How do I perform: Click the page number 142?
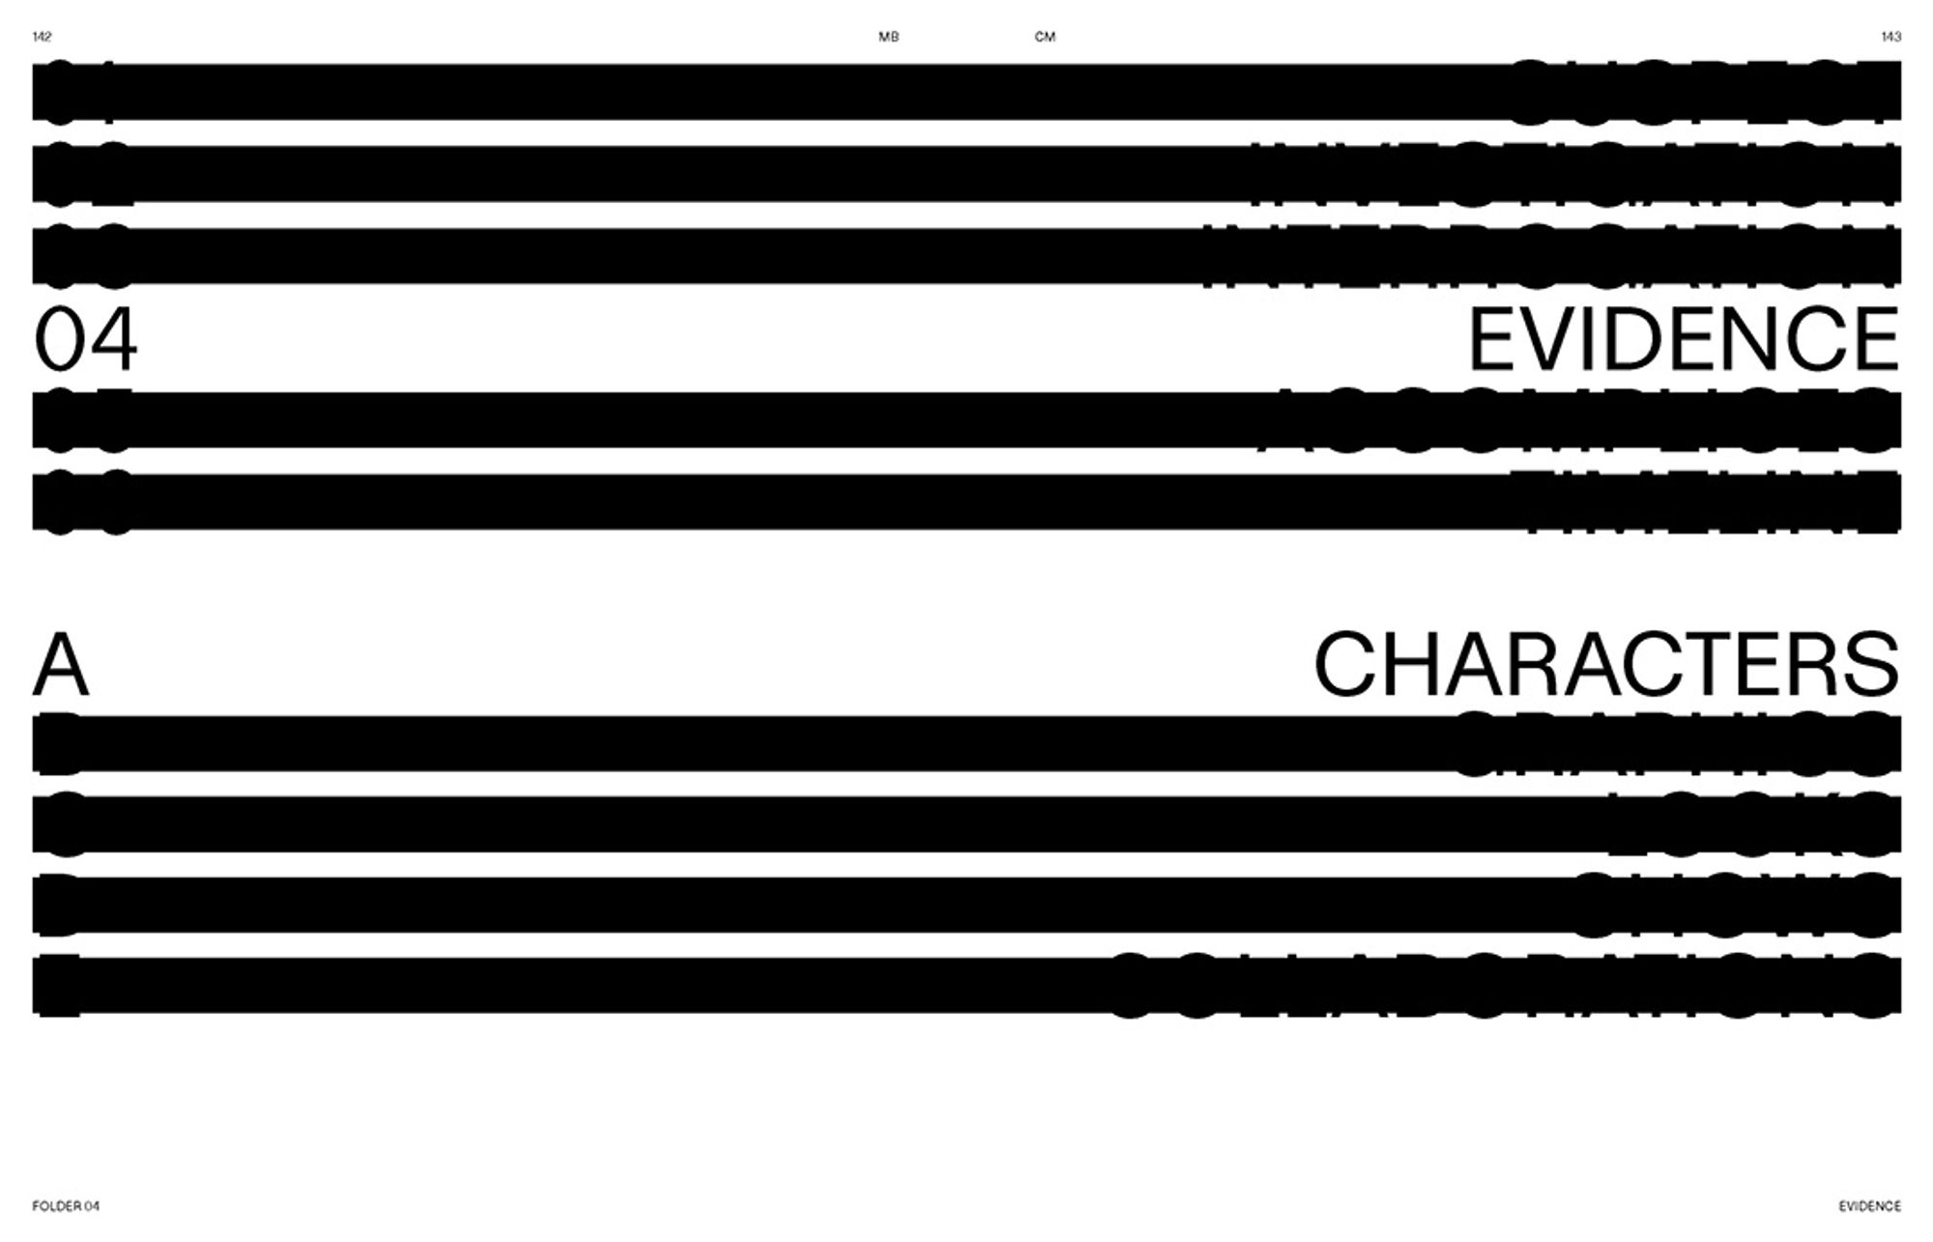click(42, 37)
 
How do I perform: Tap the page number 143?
click(1890, 37)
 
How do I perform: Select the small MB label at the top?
click(888, 37)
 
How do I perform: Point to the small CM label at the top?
click(1045, 37)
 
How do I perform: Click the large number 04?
click(85, 339)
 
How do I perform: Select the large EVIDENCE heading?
click(1684, 339)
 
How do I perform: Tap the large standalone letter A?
click(61, 665)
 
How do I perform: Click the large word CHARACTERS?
click(1606, 665)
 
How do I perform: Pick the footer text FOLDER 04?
click(66, 1206)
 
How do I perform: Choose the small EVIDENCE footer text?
click(1869, 1206)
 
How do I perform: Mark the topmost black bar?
click(966, 92)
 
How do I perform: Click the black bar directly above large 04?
click(966, 256)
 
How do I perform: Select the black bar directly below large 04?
click(966, 419)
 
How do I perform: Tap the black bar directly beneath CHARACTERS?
click(966, 743)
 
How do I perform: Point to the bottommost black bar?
click(966, 985)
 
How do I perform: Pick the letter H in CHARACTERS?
click(1423, 665)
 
